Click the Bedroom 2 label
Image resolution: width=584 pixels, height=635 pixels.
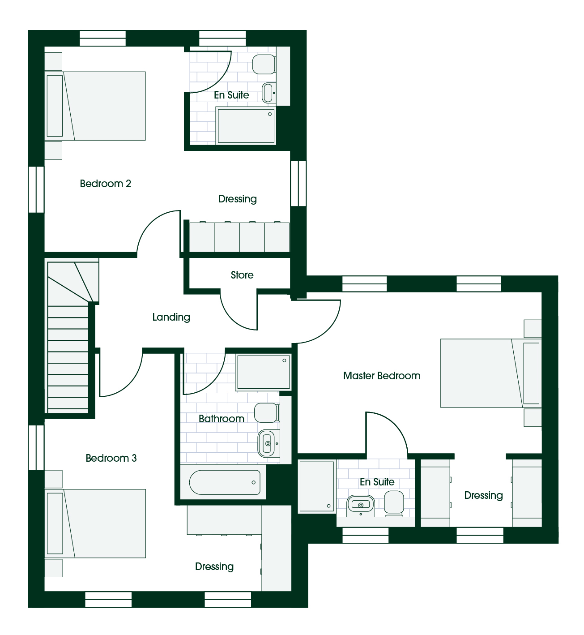point(105,184)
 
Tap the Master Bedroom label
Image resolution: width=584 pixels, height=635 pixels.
point(382,376)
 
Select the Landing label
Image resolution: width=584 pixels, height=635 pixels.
point(171,317)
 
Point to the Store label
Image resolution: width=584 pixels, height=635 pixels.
point(242,275)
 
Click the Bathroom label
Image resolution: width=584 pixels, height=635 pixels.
point(222,419)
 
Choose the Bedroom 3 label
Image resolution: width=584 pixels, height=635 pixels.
point(111,458)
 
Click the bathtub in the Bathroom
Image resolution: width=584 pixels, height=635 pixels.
point(225,482)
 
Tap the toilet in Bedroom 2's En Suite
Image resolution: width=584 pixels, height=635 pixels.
point(264,64)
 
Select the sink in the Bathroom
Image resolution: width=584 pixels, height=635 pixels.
point(267,443)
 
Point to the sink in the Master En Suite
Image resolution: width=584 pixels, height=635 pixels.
point(361,506)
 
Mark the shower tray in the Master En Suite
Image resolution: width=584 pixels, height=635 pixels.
point(317,486)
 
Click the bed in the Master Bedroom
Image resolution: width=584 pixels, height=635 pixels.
point(490,373)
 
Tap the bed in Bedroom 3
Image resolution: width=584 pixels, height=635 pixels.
point(95,523)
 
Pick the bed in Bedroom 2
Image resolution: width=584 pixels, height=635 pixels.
point(95,106)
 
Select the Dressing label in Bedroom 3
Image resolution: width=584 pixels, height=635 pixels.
point(214,566)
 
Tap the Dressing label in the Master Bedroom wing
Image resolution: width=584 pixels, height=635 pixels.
point(483,495)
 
